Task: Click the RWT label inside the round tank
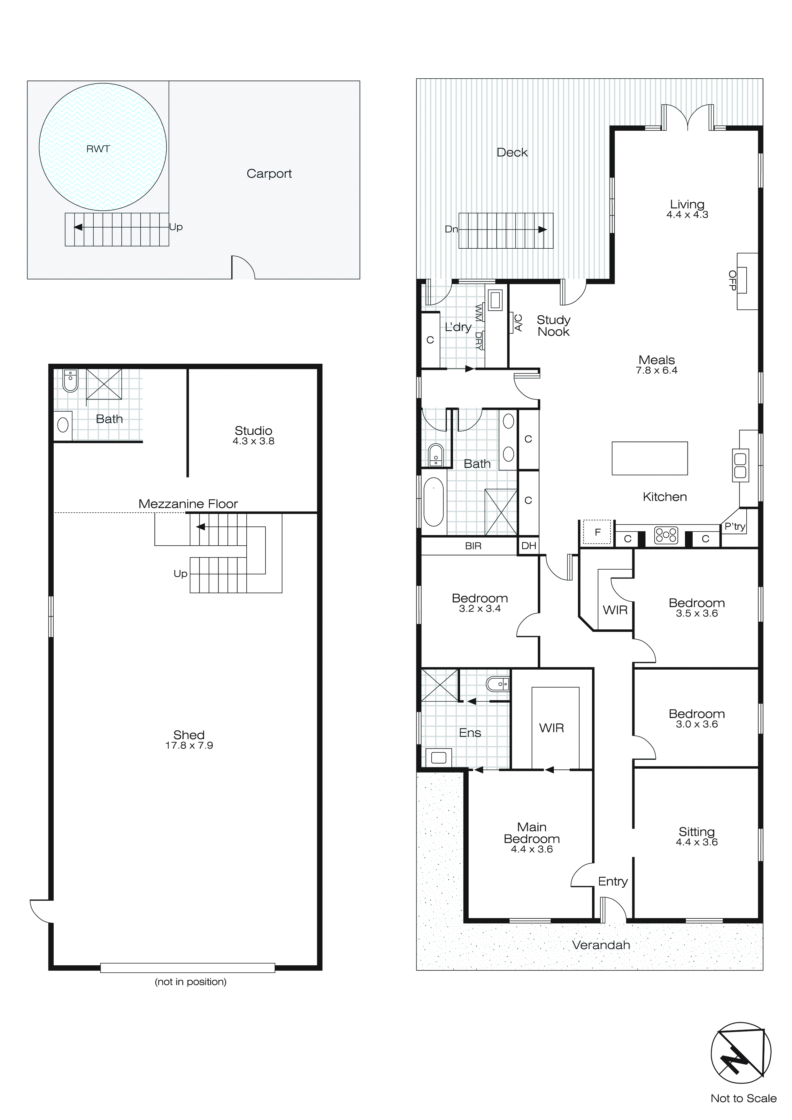coord(98,149)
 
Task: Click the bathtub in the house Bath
coord(433,502)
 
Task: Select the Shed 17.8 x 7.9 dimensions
coord(189,745)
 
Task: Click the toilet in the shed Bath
coord(70,381)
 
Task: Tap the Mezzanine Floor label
coord(188,504)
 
